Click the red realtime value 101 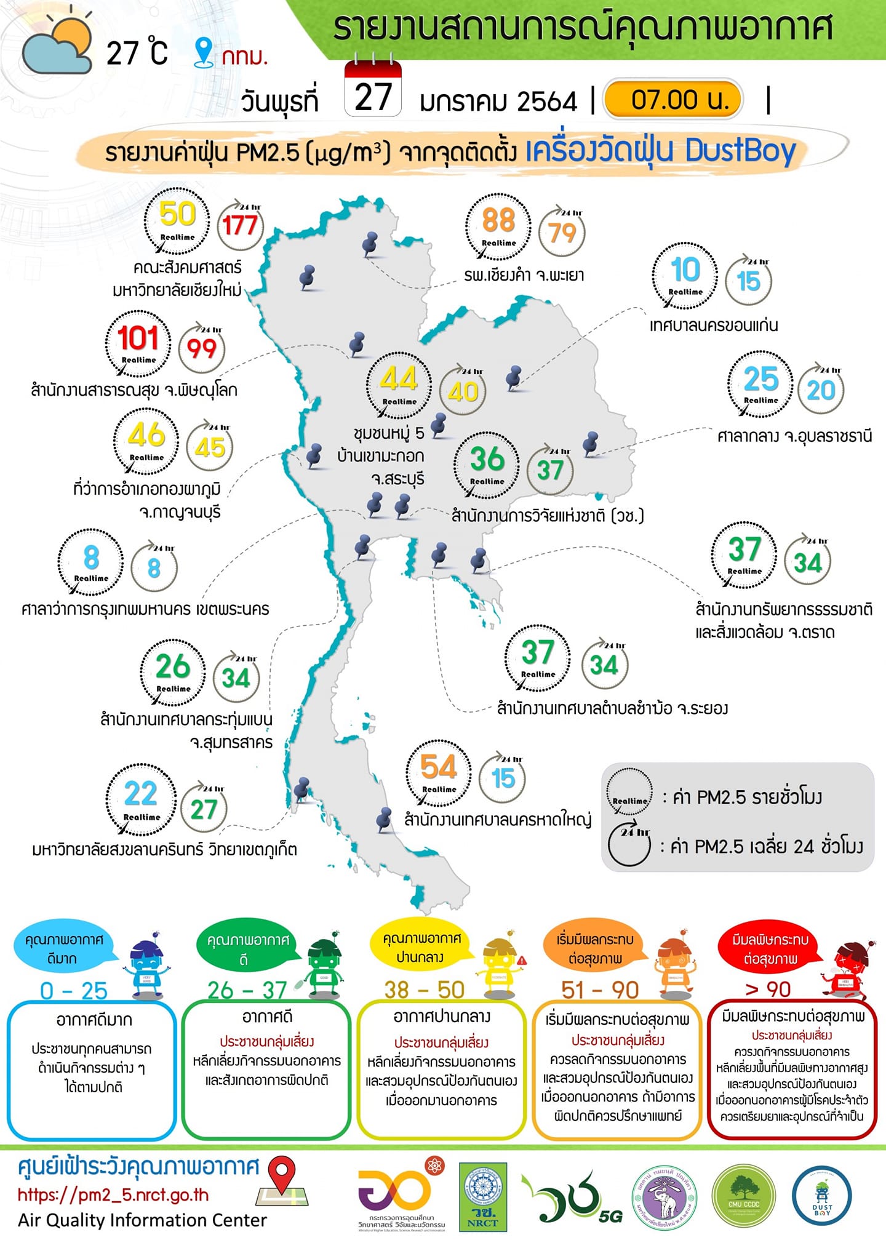pyautogui.click(x=138, y=338)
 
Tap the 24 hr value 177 pyautogui.click(x=240, y=225)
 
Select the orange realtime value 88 pyautogui.click(x=498, y=220)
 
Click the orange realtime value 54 pyautogui.click(x=439, y=767)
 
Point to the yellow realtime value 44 pyautogui.click(x=399, y=378)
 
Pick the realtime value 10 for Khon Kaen pyautogui.click(x=685, y=270)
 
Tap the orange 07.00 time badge pyautogui.click(x=674, y=99)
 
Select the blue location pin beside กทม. pyautogui.click(x=203, y=52)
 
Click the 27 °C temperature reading pyautogui.click(x=137, y=54)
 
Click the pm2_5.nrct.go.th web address pyautogui.click(x=114, y=1195)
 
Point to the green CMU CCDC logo pyautogui.click(x=744, y=1197)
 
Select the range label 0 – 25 pyautogui.click(x=74, y=991)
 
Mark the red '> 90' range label pyautogui.click(x=768, y=990)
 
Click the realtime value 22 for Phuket pyautogui.click(x=141, y=794)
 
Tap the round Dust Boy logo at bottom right pyautogui.click(x=822, y=1197)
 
